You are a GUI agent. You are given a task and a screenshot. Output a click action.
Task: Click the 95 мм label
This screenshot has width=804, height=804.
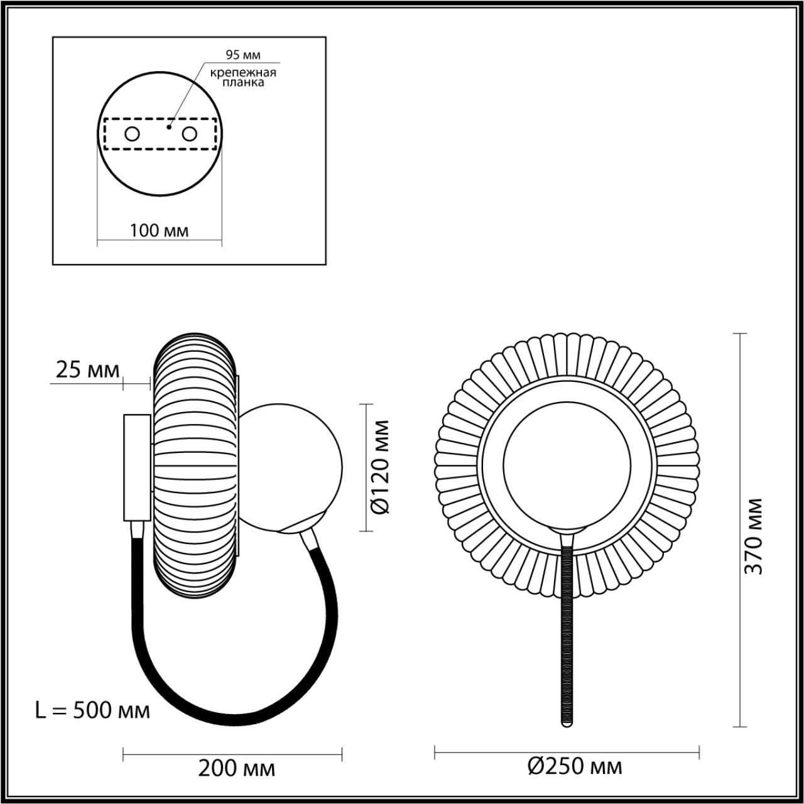tap(243, 55)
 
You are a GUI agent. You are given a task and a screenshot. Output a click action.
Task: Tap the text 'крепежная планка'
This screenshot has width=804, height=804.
tap(243, 77)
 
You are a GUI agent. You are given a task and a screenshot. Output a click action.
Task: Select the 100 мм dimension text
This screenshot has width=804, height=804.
tap(159, 231)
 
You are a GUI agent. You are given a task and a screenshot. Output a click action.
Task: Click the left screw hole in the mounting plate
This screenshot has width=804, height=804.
tap(133, 134)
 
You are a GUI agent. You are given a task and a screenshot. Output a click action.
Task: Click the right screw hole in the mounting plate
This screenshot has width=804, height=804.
tap(189, 134)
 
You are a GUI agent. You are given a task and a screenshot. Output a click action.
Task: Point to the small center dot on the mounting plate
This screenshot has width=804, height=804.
tap(168, 126)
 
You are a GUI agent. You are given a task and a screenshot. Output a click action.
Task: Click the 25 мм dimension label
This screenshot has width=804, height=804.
tap(87, 370)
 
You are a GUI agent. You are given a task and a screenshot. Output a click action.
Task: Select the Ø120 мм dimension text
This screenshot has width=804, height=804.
tap(379, 467)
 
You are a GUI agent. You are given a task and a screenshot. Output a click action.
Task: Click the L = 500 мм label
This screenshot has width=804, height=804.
tap(92, 710)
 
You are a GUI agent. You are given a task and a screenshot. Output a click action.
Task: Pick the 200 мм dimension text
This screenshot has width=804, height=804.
tap(236, 768)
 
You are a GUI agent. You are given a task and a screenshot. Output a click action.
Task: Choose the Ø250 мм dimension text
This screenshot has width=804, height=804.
tap(575, 766)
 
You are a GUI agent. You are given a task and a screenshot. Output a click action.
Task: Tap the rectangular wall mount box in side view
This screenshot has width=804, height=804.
tap(137, 467)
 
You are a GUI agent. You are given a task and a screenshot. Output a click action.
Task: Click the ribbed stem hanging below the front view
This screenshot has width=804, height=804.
tap(567, 634)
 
